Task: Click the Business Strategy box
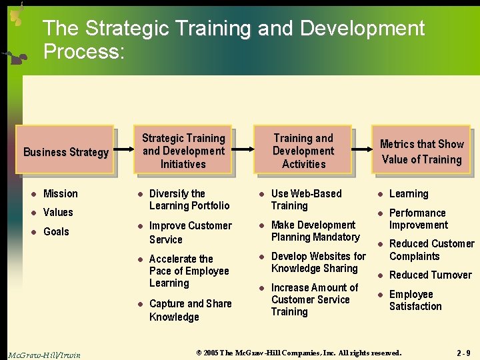(65, 151)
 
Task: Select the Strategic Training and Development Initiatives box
(183, 151)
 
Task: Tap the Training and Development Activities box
(303, 151)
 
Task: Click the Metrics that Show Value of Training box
(421, 151)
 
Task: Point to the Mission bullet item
(60, 194)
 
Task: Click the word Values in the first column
(58, 213)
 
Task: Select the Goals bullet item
(56, 231)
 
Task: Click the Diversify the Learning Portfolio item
(189, 199)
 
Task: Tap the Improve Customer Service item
(190, 232)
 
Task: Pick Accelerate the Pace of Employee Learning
(189, 271)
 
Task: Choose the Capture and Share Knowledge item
(190, 310)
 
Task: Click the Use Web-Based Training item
(306, 199)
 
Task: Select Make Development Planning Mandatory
(315, 231)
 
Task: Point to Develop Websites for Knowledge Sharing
(318, 262)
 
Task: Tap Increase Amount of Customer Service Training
(314, 299)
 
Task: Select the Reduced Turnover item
(430, 275)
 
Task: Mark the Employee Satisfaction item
(415, 300)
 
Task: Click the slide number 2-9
(463, 353)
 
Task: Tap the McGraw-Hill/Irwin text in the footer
(44, 355)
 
